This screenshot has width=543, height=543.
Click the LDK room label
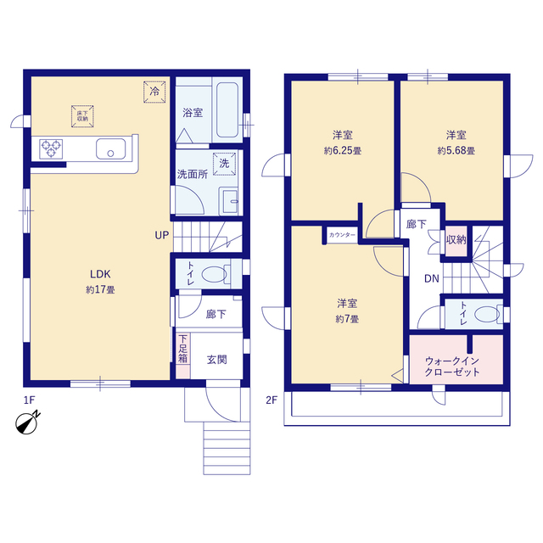tap(100, 274)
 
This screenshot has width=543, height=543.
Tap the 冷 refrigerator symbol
tap(154, 92)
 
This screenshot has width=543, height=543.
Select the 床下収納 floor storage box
tap(82, 116)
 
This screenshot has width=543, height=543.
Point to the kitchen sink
tap(111, 149)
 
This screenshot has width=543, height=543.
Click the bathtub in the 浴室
tap(227, 109)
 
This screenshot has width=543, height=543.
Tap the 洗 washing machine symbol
tap(224, 164)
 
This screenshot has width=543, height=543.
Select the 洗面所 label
tap(193, 174)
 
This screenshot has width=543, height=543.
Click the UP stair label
tap(162, 236)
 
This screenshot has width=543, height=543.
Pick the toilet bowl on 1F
tap(215, 274)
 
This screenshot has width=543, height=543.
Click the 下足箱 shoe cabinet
tap(183, 355)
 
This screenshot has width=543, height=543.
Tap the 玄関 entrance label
tap(217, 360)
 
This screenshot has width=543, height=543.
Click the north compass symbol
tap(27, 423)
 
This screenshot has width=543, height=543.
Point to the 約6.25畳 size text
tap(343, 151)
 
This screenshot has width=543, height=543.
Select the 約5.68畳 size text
tap(456, 151)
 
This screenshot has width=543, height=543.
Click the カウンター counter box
tap(342, 235)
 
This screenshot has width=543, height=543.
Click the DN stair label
tap(432, 278)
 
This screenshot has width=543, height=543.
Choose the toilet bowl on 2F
tap(487, 315)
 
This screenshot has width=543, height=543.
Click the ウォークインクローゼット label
tap(452, 367)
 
